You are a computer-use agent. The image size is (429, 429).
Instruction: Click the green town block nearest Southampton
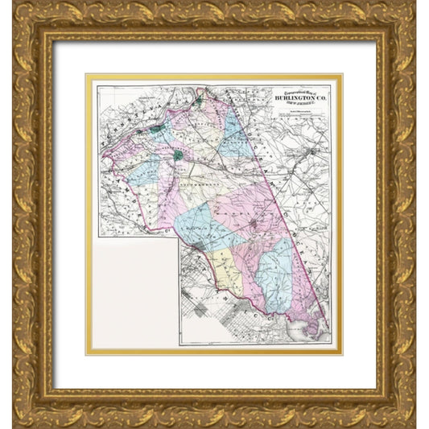pos(178,155)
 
